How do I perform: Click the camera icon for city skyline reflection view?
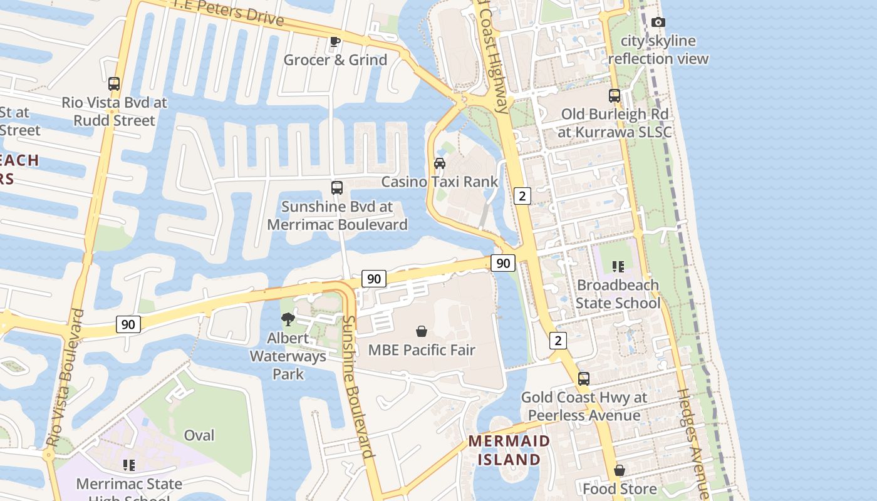pos(658,23)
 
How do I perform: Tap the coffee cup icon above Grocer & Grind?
pos(335,41)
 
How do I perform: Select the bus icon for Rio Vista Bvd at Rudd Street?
pos(114,84)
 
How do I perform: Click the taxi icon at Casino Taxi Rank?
pos(440,163)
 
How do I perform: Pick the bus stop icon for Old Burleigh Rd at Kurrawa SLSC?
pos(615,96)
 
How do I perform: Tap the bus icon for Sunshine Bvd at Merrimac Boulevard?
pos(337,188)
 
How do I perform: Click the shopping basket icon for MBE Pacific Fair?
pos(422,331)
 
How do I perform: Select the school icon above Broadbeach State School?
pos(618,267)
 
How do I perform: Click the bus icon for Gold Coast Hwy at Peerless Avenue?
pos(584,379)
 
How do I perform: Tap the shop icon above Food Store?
pos(620,470)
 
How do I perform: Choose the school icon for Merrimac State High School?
pos(129,465)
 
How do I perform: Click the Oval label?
pos(199,435)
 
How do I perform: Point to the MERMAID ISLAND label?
pos(509,450)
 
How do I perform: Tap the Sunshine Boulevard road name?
pos(358,386)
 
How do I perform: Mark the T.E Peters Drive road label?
pos(229,12)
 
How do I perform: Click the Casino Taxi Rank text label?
pos(440,182)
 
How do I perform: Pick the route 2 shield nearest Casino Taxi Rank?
pos(522,196)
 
